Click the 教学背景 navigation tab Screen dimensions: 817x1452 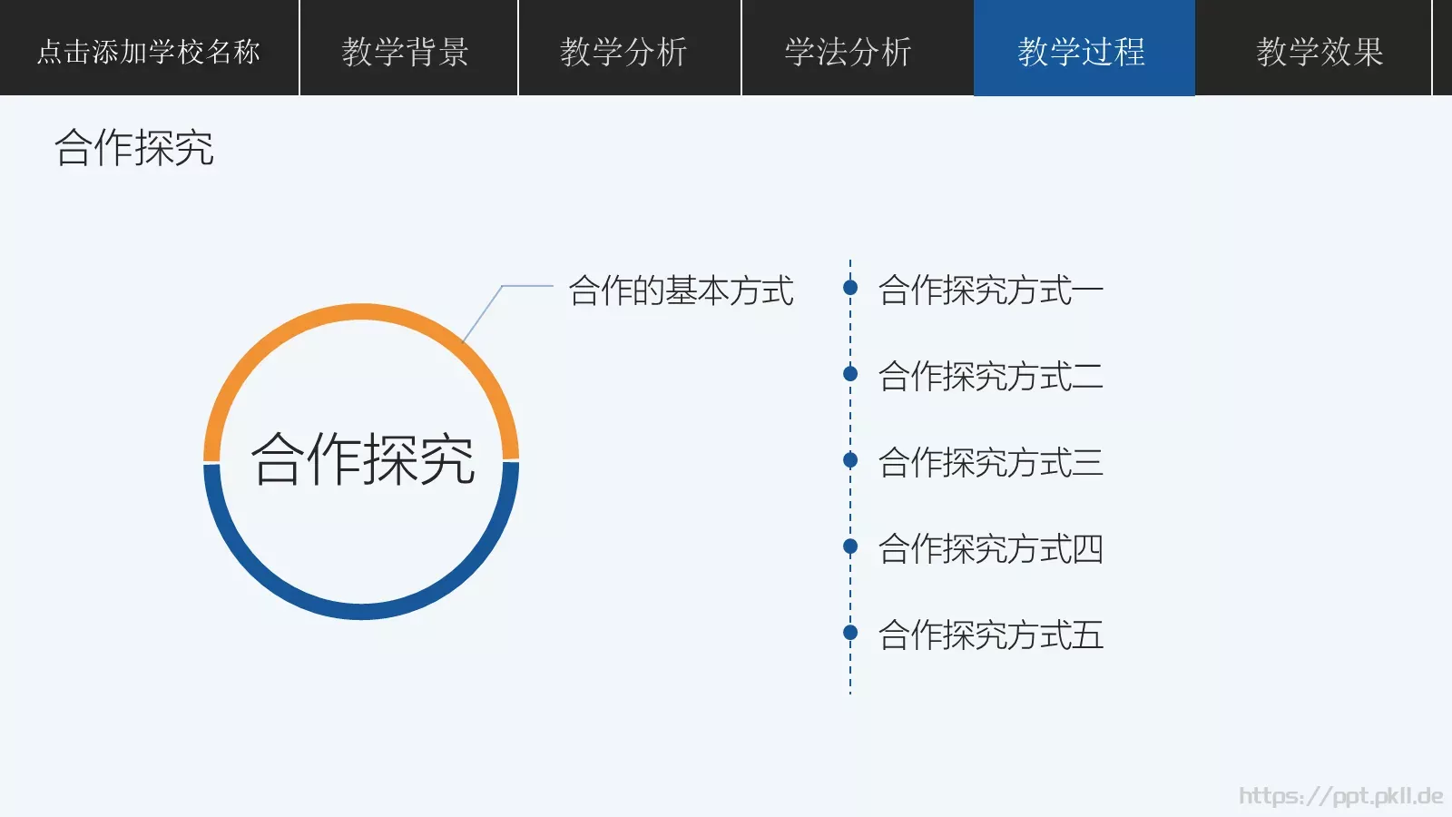click(406, 51)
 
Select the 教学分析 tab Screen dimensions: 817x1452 click(624, 51)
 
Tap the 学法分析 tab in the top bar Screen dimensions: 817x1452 click(849, 51)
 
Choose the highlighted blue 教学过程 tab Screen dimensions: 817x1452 click(1083, 51)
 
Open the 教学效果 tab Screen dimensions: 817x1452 click(1320, 51)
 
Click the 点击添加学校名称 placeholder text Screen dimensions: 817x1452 click(149, 51)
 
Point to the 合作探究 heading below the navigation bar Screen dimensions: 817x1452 click(134, 147)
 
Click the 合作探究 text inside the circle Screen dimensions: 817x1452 click(363, 459)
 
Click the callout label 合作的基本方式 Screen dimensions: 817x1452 click(681, 290)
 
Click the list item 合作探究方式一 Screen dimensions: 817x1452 click(990, 290)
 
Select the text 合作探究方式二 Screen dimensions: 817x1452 click(990, 376)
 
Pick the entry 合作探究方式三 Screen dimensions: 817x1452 click(990, 462)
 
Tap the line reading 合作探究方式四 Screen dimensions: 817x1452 click(990, 548)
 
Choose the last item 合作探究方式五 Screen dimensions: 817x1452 click(990, 635)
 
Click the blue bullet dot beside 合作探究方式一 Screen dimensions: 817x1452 click(850, 288)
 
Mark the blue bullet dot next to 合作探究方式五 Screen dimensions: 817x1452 click(850, 632)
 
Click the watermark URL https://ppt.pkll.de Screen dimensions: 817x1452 click(1340, 796)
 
